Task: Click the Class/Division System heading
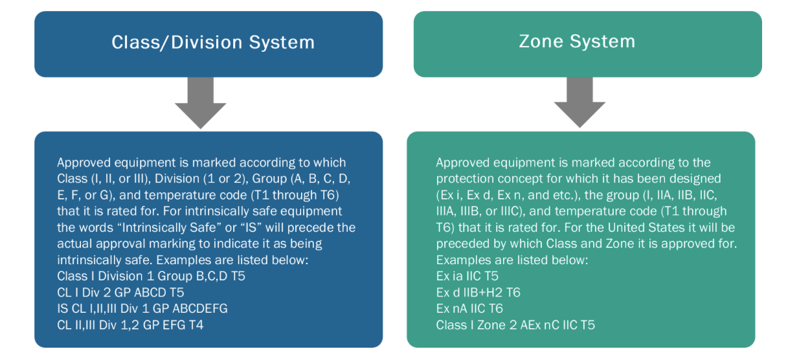pyautogui.click(x=212, y=43)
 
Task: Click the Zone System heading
pyautogui.click(x=577, y=41)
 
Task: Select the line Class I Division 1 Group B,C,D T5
pyautogui.click(x=151, y=276)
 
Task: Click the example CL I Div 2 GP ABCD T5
pyautogui.click(x=120, y=293)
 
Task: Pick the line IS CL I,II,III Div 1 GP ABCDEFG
pyautogui.click(x=142, y=309)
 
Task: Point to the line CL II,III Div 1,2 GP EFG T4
pyautogui.click(x=130, y=325)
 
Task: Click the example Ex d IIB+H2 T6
pyautogui.click(x=478, y=293)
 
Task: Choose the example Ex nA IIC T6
pyautogui.click(x=469, y=309)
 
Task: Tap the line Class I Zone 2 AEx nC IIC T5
pyautogui.click(x=515, y=325)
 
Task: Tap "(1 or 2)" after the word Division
pyautogui.click(x=211, y=179)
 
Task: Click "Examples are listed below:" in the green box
pyautogui.click(x=512, y=260)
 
